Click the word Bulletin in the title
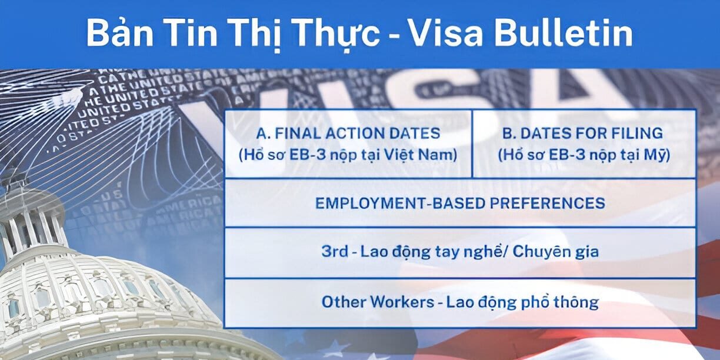(x=564, y=33)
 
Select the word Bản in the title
(x=119, y=32)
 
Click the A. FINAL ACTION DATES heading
(x=348, y=134)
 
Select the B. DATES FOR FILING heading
(x=582, y=134)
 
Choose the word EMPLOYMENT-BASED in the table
(x=399, y=203)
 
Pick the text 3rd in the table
(x=335, y=251)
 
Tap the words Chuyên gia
(x=556, y=251)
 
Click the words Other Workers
(x=378, y=302)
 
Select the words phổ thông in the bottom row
(x=560, y=302)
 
